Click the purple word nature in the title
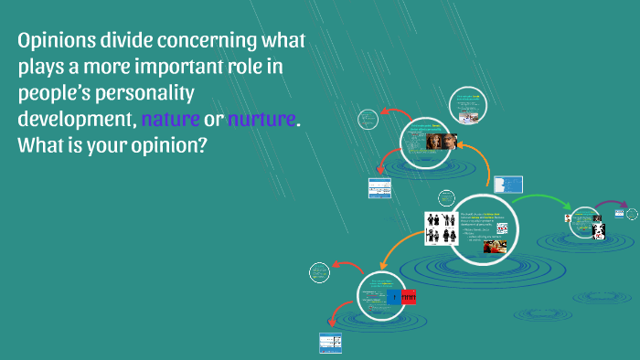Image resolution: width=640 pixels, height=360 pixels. click(169, 120)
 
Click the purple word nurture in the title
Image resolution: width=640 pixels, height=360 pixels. click(261, 120)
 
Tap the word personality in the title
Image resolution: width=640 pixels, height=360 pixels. click(163, 93)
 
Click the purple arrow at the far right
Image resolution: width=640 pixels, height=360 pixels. click(611, 203)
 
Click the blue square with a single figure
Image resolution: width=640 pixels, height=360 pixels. click(393, 297)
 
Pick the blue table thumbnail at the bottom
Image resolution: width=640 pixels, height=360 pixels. click(330, 343)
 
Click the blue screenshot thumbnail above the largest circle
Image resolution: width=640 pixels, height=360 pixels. click(507, 185)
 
